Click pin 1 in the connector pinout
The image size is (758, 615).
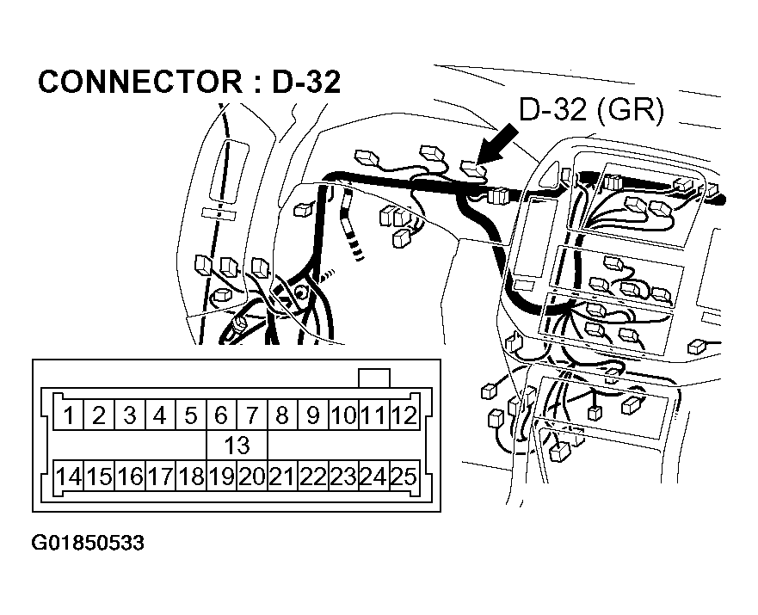(x=68, y=415)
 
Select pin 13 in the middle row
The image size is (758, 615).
(x=236, y=446)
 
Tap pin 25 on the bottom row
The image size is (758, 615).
(x=404, y=476)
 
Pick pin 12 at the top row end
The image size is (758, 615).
(x=404, y=415)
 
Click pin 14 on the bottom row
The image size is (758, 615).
(x=68, y=476)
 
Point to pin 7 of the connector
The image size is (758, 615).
(x=251, y=415)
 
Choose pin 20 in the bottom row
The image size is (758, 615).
(x=251, y=476)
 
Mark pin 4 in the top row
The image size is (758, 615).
(x=159, y=415)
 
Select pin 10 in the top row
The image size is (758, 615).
(x=342, y=415)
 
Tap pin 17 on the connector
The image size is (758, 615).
(x=159, y=476)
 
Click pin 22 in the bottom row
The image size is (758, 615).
(x=312, y=476)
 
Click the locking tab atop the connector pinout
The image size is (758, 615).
(x=373, y=378)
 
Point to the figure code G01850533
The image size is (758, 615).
(x=88, y=544)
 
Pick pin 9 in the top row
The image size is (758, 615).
(x=312, y=415)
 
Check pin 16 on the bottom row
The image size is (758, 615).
(x=129, y=476)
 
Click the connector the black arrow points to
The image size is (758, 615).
(x=471, y=169)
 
